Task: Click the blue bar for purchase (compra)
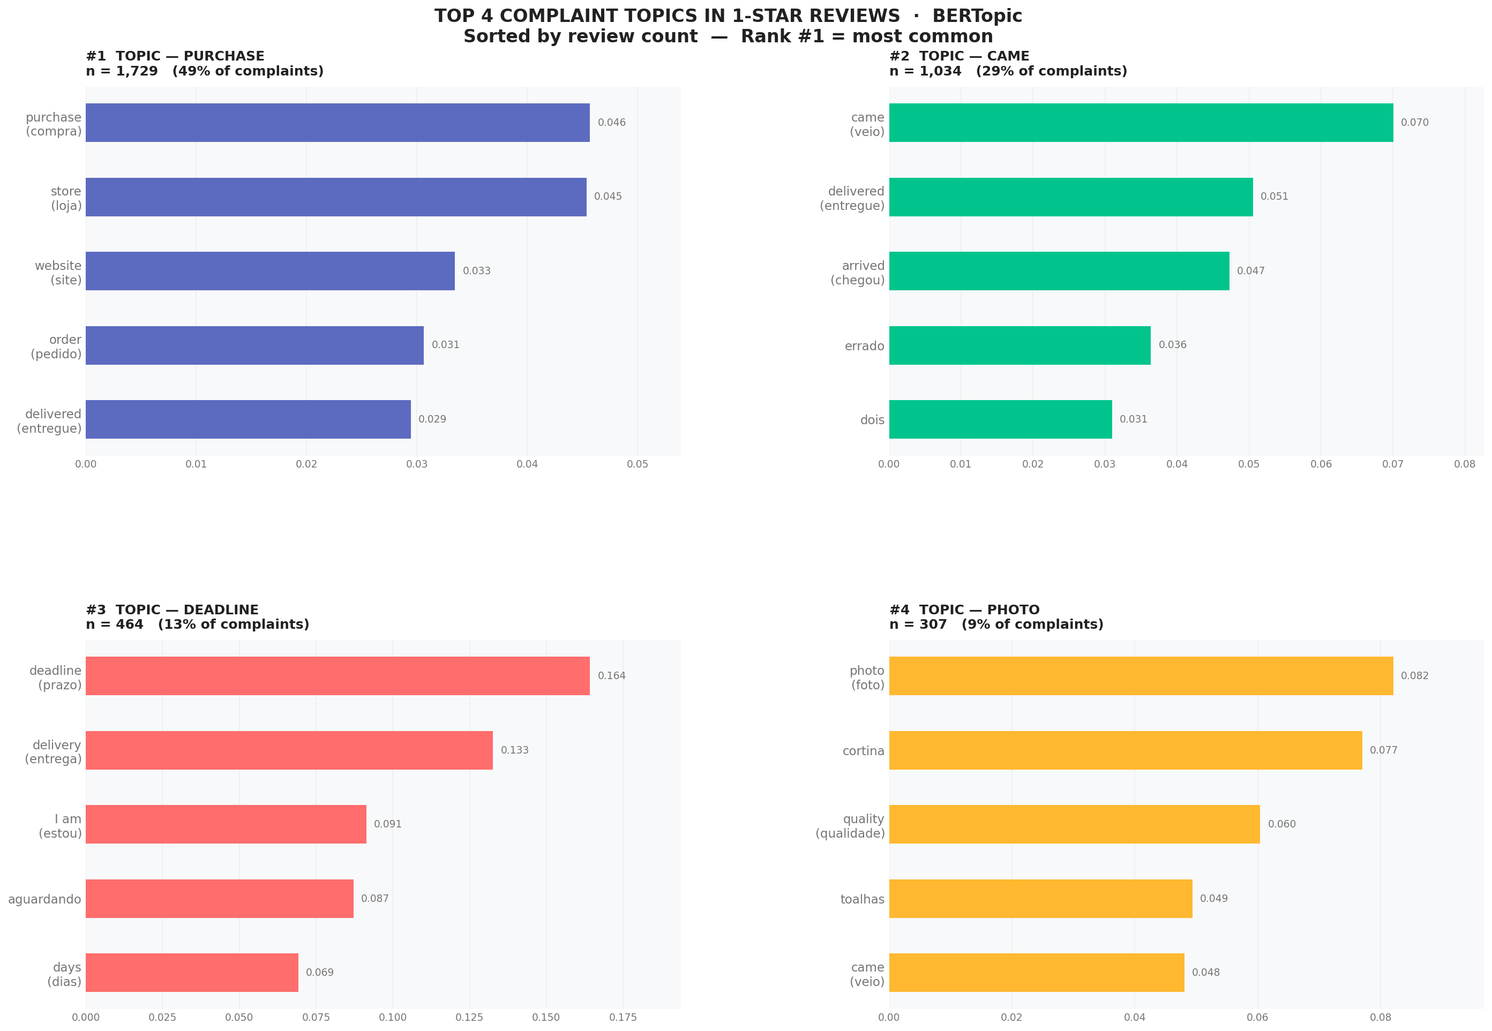coord(338,123)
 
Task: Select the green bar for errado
coord(1019,345)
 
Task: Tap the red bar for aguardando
coord(220,898)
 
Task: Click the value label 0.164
coord(611,676)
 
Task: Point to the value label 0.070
coord(1414,123)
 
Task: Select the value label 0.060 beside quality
coord(1281,824)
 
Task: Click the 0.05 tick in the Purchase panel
coord(637,464)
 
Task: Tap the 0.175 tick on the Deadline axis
coord(623,1017)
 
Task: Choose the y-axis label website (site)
coord(58,273)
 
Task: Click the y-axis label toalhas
coord(861,899)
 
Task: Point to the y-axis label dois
coord(872,420)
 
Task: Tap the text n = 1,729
coord(122,71)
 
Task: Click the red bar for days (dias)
coord(192,972)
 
